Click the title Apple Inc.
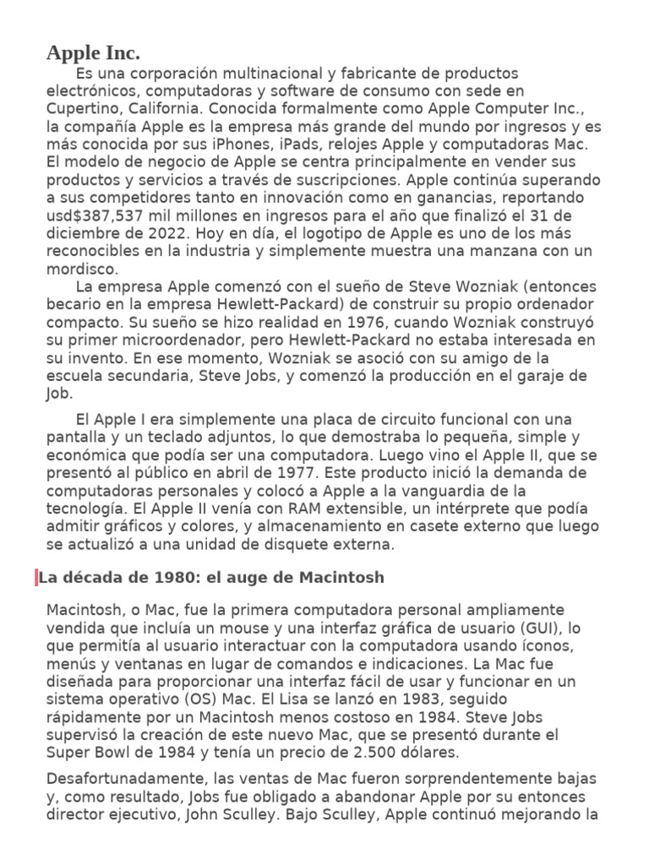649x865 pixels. (93, 54)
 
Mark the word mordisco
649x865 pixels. (82, 269)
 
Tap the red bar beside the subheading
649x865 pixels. (36, 578)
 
